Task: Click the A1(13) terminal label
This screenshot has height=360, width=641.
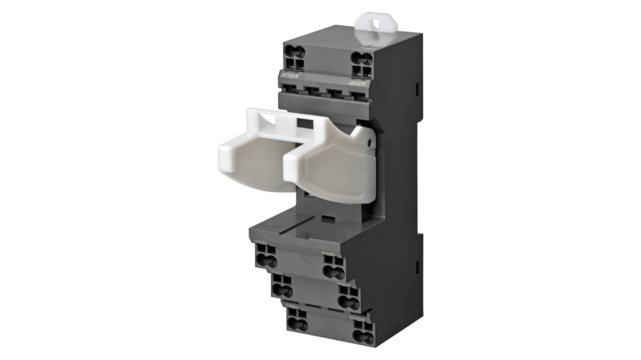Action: (289, 76)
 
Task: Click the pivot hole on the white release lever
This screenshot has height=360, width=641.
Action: (369, 143)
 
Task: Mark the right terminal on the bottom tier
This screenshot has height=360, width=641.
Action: (363, 332)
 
